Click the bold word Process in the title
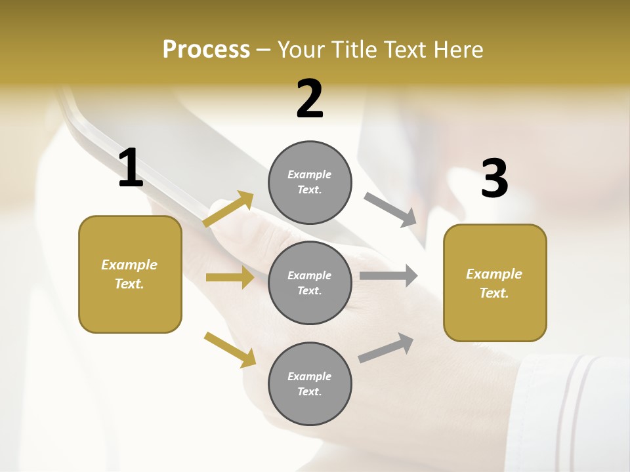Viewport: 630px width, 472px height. (206, 49)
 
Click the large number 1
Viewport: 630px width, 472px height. (131, 168)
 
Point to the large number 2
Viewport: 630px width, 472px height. (310, 99)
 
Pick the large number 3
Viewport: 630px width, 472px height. (494, 178)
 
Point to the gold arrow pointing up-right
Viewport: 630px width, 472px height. (228, 209)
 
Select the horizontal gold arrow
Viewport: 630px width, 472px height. (230, 277)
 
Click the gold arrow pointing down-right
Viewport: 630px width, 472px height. (230, 349)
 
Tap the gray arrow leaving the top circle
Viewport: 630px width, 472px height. (390, 209)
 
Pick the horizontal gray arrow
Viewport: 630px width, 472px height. (388, 276)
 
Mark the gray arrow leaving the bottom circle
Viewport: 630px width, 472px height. (386, 347)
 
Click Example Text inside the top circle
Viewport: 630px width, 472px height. (310, 182)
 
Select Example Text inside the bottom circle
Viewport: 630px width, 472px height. (310, 383)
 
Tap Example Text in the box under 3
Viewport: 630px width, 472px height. (494, 283)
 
